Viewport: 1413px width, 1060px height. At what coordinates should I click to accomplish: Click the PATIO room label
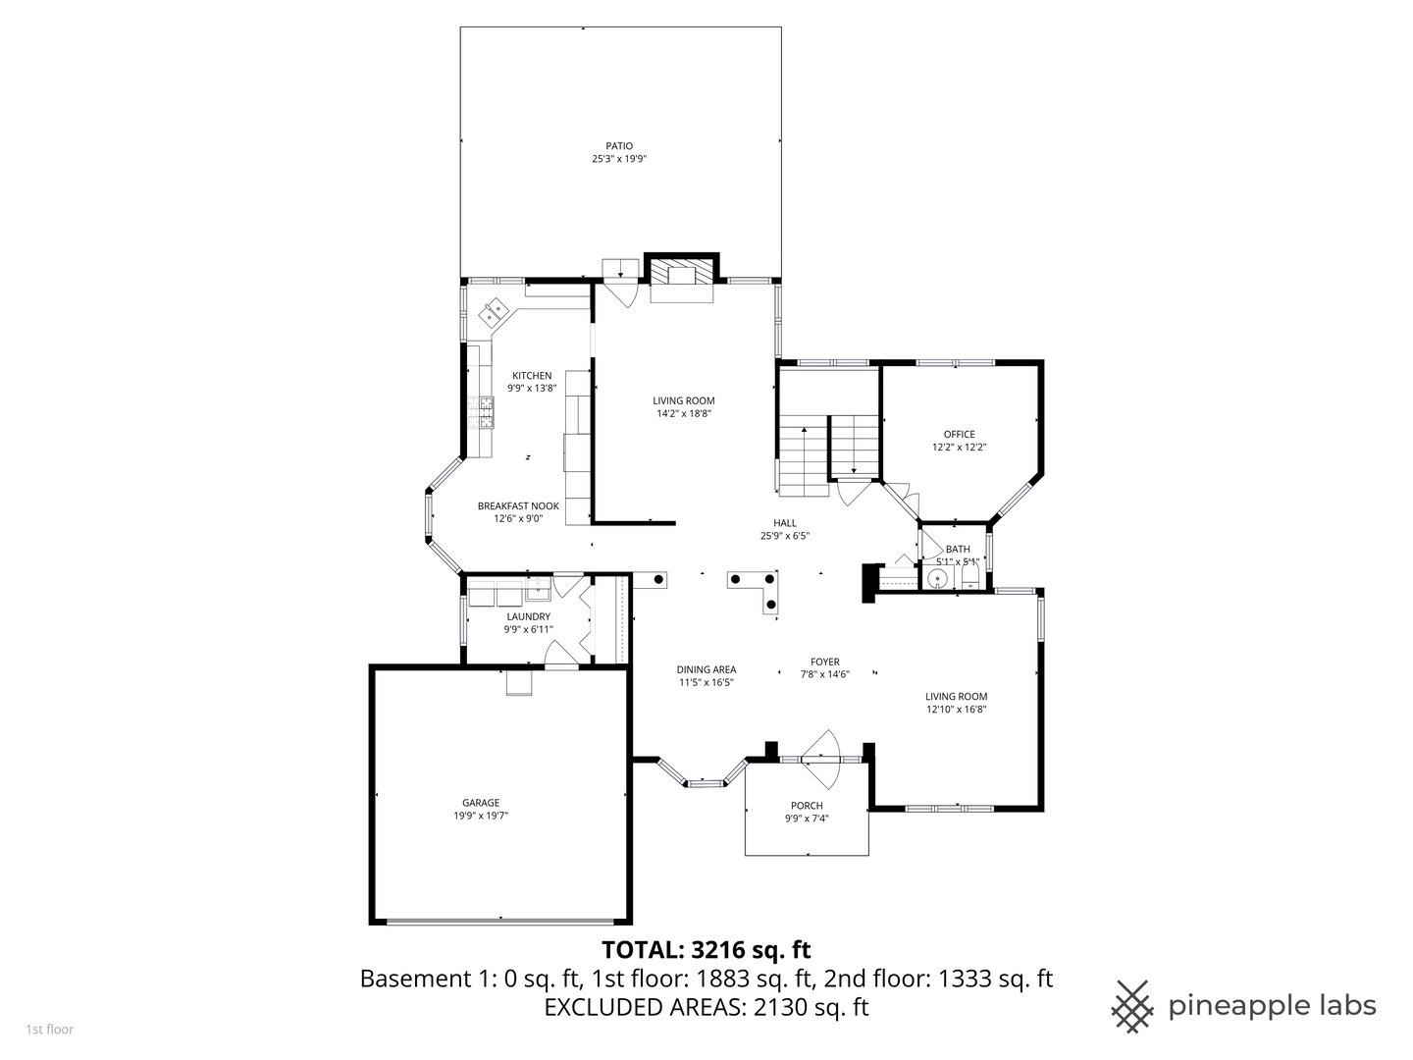[619, 146]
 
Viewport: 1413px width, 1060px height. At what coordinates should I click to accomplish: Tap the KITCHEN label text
[532, 375]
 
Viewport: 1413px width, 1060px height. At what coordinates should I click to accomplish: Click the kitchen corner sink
[493, 314]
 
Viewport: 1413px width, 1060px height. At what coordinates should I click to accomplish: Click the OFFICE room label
[959, 434]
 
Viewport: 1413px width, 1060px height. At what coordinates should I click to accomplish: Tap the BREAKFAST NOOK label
[518, 505]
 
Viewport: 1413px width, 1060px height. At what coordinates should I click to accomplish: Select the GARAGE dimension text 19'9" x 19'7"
[481, 815]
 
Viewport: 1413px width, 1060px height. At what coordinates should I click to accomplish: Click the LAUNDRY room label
[528, 616]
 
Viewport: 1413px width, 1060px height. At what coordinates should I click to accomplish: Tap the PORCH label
[807, 806]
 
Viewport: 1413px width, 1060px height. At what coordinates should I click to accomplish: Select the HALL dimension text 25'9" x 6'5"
[784, 536]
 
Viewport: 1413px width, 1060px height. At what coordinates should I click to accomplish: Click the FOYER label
[824, 662]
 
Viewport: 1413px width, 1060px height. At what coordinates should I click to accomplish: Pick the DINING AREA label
[706, 669]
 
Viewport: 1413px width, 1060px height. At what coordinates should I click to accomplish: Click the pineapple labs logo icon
[1133, 1006]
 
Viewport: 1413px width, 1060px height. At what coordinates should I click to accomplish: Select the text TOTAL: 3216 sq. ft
[706, 949]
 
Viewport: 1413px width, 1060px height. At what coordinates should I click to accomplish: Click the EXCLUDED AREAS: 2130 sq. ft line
[706, 1007]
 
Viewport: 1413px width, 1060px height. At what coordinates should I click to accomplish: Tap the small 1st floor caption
[49, 1030]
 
